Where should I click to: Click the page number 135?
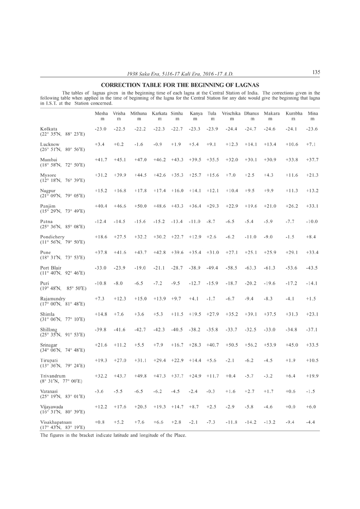[316, 72]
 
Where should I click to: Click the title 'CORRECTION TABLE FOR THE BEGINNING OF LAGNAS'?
[180, 85]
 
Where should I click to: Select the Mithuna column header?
[139, 112]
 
